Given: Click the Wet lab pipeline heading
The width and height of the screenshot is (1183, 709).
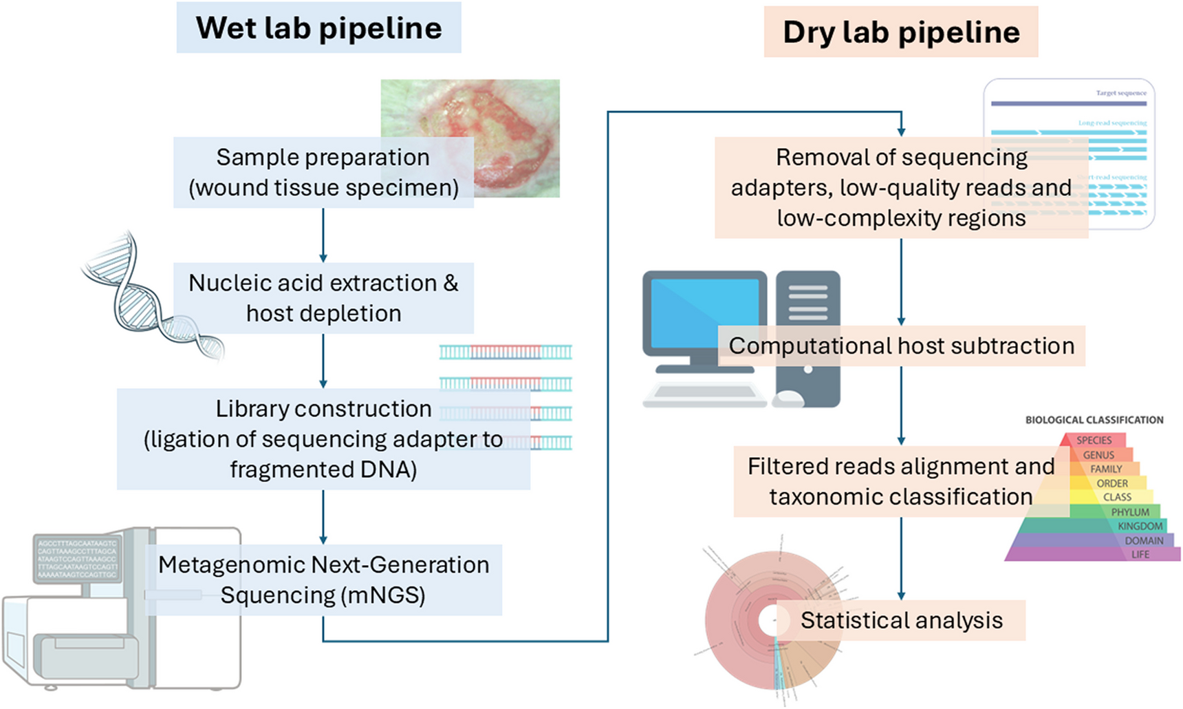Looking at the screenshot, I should [x=318, y=28].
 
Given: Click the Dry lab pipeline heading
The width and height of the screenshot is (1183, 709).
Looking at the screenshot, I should [x=901, y=32].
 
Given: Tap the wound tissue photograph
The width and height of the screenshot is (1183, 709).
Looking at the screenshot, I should [x=509, y=110].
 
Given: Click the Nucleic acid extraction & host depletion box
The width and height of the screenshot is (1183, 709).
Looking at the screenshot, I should [x=323, y=298].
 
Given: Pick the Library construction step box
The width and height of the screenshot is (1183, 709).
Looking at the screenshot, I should [x=323, y=439].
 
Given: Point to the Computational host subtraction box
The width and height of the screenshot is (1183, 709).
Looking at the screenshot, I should [x=901, y=346].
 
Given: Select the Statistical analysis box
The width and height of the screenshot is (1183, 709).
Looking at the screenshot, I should [x=901, y=620].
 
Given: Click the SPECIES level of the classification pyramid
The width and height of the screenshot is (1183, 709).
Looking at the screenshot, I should [x=1094, y=440].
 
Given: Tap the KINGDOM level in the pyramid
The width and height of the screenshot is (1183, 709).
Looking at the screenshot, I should [x=1140, y=526].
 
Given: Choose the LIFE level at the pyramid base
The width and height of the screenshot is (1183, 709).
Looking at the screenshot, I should [x=1140, y=554].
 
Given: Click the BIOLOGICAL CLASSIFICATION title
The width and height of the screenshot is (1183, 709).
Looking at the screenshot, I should [x=1094, y=420].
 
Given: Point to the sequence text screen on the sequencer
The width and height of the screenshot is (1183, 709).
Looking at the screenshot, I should [x=77, y=559].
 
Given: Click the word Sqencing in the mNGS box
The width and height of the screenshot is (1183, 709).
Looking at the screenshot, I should [x=276, y=595].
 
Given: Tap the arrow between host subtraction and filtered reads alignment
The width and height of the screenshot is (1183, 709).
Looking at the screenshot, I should [x=901, y=406].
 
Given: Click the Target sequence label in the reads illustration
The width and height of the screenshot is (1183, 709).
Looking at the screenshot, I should [x=1121, y=93].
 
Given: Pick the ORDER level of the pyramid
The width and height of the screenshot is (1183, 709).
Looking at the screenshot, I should [x=1112, y=483].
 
